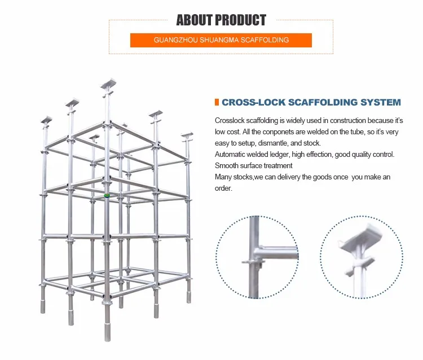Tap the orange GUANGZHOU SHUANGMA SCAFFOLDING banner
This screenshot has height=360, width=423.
point(221,40)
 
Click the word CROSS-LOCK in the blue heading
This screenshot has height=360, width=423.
point(253,103)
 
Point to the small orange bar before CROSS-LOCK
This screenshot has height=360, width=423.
point(217,102)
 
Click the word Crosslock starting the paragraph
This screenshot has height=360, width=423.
point(230,121)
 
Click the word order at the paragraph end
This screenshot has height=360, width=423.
point(223,188)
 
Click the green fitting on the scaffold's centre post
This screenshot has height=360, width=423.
point(106,195)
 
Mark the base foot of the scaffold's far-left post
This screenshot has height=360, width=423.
point(43,308)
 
